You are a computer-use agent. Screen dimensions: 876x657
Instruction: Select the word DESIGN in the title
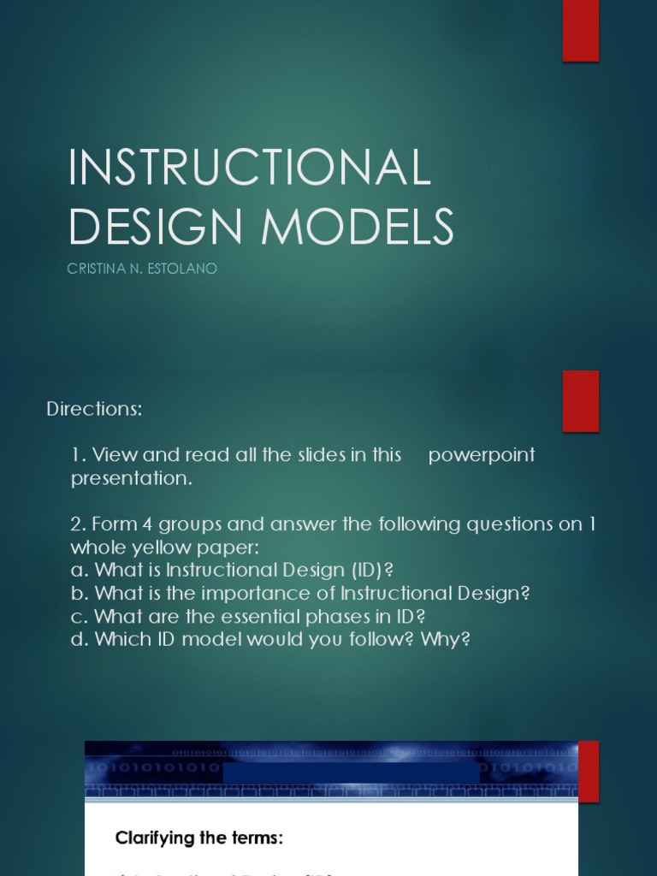point(160,227)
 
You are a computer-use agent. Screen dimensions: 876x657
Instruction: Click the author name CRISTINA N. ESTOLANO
point(142,269)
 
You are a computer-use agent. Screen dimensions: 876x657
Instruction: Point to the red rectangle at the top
point(580,31)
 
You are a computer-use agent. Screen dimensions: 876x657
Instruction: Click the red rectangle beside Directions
point(580,400)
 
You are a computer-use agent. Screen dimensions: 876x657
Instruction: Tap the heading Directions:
point(94,409)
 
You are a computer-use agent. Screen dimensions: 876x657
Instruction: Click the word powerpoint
point(482,455)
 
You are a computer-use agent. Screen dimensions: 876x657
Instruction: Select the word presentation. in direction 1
point(132,478)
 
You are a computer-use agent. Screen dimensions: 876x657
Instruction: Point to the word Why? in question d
point(445,639)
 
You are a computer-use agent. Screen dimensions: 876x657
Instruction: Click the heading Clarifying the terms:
point(199,838)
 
